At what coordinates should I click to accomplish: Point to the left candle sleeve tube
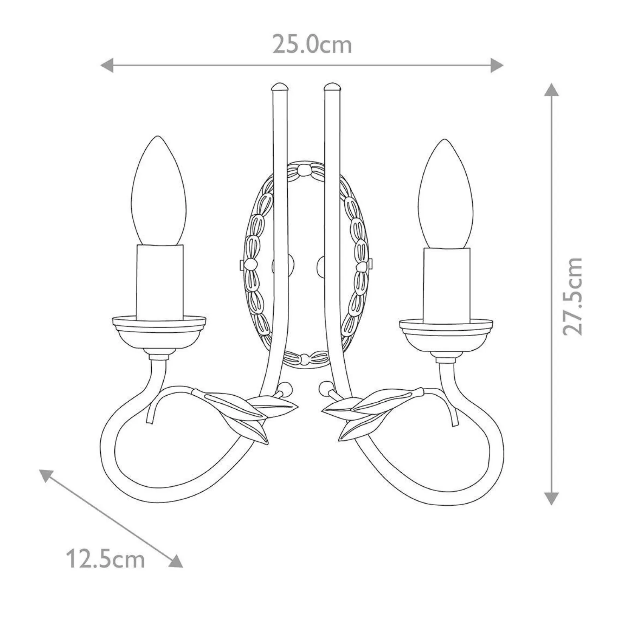[160, 281]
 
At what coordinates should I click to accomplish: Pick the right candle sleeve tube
[446, 285]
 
